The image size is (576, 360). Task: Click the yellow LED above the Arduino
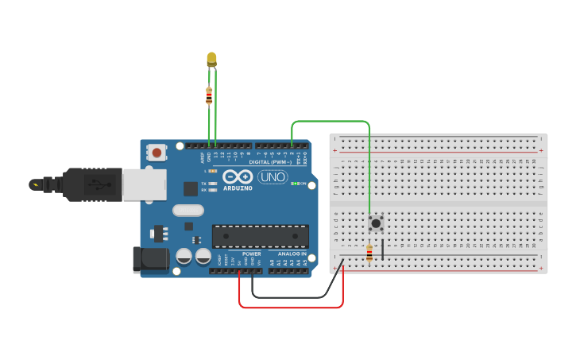point(211,59)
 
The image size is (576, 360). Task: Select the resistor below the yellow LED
point(209,96)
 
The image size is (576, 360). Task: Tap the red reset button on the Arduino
point(157,153)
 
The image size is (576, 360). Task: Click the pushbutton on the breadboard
point(376,223)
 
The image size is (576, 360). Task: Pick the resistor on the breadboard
point(369,253)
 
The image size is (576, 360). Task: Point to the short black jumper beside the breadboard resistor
point(383,249)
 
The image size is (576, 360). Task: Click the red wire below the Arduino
point(291,307)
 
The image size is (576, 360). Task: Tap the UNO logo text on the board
point(273,177)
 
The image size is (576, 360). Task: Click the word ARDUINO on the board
point(238,188)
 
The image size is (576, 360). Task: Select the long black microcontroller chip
point(260,236)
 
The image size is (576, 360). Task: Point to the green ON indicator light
point(294,184)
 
